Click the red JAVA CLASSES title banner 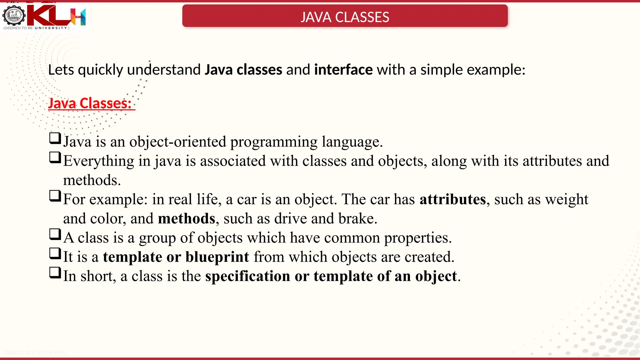point(345,16)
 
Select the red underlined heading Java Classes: point(91,103)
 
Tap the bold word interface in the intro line point(343,70)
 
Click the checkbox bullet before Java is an point(55,138)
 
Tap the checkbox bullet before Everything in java point(55,157)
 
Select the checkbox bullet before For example point(55,196)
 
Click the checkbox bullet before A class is point(55,234)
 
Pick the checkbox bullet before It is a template point(55,253)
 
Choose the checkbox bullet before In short point(55,272)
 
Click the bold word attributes point(452,199)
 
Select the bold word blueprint point(217,257)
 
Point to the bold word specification point(247,276)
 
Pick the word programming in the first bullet point(274,142)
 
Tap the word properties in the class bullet point(417,238)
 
